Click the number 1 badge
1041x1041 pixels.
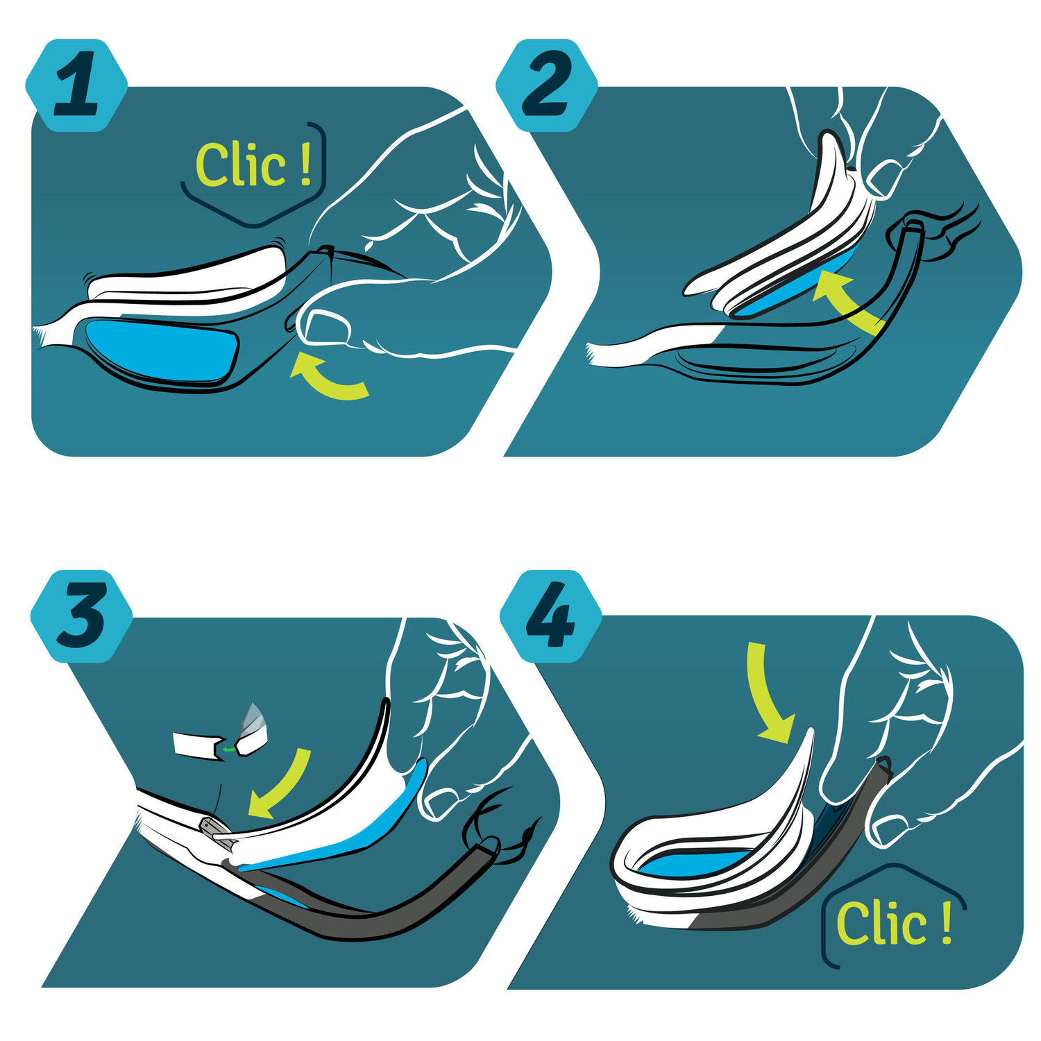click(x=76, y=85)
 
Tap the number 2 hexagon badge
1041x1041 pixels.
click(x=547, y=85)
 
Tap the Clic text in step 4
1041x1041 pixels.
click(x=881, y=923)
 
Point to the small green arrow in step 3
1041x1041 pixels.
click(x=229, y=750)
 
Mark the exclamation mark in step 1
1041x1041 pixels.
click(x=306, y=164)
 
